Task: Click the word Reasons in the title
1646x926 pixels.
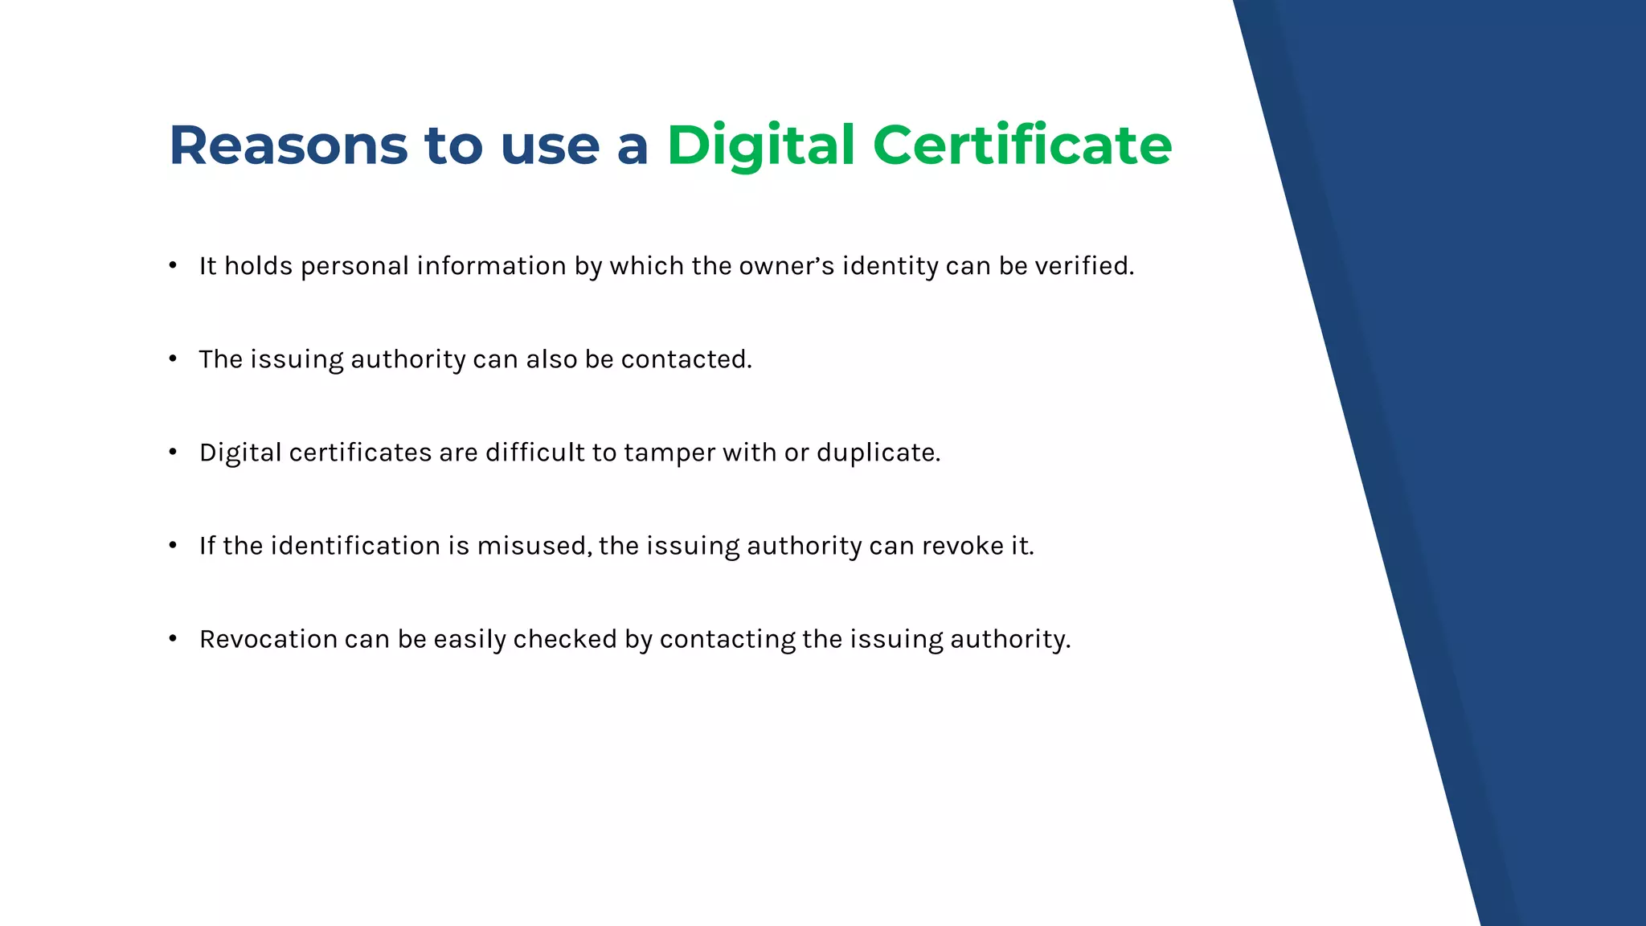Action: [x=289, y=145]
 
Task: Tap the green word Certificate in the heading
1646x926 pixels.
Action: [x=1022, y=145]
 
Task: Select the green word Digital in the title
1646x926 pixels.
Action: [x=760, y=145]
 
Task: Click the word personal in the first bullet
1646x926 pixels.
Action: [x=354, y=266]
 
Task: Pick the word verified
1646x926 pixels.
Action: [x=1084, y=266]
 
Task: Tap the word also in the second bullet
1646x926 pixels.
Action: [x=551, y=359]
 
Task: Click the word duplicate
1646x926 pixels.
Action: [x=878, y=453]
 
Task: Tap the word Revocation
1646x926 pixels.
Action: [x=268, y=639]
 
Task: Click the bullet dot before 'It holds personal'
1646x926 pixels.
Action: [x=173, y=265]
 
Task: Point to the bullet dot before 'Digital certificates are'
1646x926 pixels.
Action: [x=173, y=452]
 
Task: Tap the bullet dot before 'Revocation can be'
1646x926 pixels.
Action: [x=173, y=638]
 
